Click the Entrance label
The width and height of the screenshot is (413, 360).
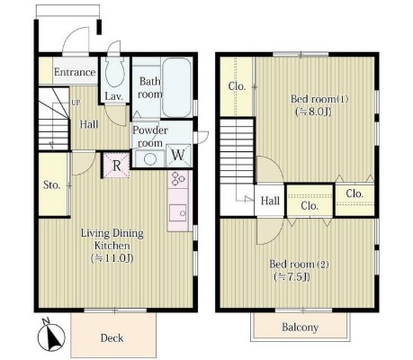pos(75,72)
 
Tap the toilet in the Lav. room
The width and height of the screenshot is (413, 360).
pos(115,72)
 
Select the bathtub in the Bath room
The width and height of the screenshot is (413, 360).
pos(177,87)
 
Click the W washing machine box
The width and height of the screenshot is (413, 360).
pos(178,155)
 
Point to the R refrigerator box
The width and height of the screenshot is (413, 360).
pos(117,166)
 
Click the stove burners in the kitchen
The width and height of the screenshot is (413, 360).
pos(177,179)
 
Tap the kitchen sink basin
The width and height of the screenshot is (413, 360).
pos(177,212)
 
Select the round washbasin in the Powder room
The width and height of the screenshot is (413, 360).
pos(149,158)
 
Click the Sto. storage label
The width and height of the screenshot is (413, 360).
pos(52,184)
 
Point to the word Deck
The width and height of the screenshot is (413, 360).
pos(112,338)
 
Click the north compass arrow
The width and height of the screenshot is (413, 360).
pos(53,336)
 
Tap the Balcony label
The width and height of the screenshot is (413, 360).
pos(300,327)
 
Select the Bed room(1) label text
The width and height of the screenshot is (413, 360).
pos(319,99)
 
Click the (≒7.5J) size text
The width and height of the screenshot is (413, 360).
pos(292,277)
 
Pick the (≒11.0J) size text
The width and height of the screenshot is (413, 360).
pos(112,258)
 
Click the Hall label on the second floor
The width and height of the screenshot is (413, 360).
pos(270,201)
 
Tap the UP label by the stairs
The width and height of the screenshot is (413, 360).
pos(76,103)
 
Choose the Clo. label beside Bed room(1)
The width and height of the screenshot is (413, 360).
pos(237,86)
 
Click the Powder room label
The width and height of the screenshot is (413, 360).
pos(150,137)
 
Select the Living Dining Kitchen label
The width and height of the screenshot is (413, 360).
pos(112,239)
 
